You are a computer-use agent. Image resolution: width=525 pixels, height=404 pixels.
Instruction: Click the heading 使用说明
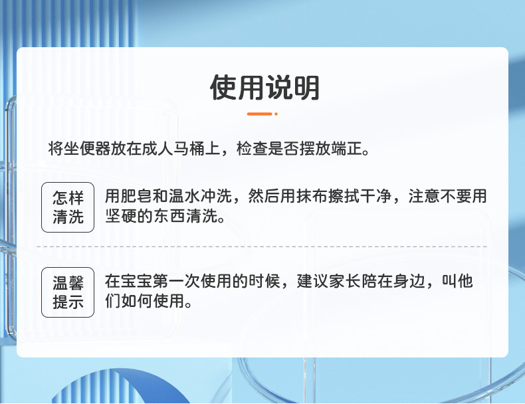click(264, 88)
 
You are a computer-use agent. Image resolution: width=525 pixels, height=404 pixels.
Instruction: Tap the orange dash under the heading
click(259, 114)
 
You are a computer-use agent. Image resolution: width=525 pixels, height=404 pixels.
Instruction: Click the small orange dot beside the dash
click(276, 114)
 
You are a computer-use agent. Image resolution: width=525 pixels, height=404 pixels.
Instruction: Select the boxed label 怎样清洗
click(68, 207)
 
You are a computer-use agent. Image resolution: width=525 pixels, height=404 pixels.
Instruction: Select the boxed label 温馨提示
click(68, 293)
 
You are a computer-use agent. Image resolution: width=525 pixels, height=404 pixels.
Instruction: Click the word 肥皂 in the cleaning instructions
click(136, 197)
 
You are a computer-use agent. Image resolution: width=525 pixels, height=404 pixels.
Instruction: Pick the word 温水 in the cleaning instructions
click(184, 197)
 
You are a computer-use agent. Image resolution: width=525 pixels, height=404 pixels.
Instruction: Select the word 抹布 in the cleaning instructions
click(312, 197)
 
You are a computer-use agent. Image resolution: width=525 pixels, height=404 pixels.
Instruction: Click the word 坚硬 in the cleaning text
click(120, 216)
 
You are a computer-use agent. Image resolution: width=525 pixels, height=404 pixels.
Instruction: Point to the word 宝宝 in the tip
click(136, 282)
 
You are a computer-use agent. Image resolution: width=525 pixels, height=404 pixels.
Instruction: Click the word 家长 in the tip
click(344, 282)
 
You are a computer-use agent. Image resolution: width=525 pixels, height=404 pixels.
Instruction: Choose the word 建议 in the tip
click(312, 282)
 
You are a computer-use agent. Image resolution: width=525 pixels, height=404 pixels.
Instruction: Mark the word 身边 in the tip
click(407, 282)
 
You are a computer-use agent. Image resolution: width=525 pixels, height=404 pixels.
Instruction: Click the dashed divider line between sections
click(262, 247)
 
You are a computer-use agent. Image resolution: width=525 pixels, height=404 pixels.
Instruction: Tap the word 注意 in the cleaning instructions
click(423, 197)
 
